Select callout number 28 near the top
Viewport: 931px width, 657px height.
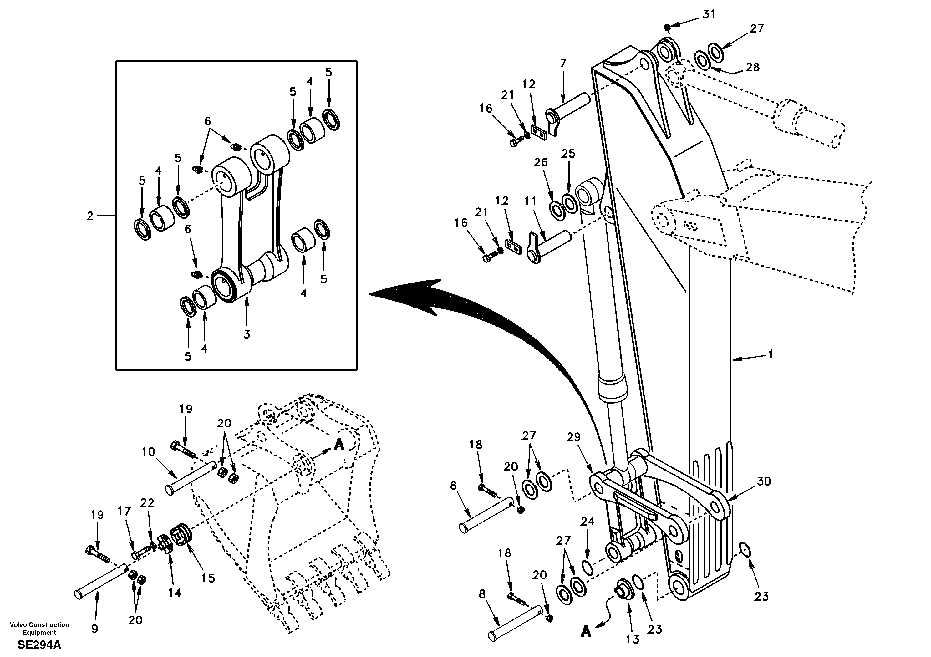pos(753,67)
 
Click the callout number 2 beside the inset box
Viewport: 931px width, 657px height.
pos(89,216)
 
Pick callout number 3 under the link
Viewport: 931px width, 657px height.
pos(247,334)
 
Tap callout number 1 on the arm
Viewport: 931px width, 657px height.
pos(771,354)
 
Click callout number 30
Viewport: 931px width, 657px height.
pos(764,481)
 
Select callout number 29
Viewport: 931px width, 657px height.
pos(574,437)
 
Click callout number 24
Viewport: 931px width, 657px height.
pos(587,521)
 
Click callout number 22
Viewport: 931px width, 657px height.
pos(147,503)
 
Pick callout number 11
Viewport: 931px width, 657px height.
pos(530,201)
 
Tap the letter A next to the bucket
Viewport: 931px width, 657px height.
pos(339,445)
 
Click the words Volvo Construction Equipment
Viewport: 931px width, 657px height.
pos(39,629)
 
